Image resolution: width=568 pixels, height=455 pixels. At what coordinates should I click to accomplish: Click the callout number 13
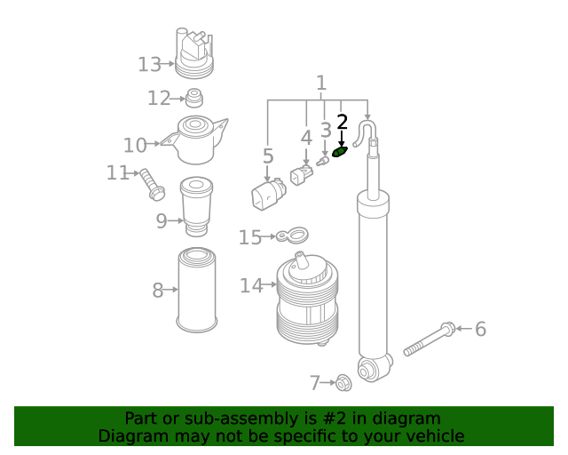pos(149,65)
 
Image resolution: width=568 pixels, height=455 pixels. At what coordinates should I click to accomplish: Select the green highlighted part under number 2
pos(340,152)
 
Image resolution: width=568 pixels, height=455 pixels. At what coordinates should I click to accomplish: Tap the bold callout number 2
pos(342,122)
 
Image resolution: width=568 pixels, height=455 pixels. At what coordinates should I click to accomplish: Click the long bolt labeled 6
pos(430,339)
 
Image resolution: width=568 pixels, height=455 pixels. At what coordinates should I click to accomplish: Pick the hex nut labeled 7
pos(343,384)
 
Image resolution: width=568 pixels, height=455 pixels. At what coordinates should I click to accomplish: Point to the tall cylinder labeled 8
pos(197,290)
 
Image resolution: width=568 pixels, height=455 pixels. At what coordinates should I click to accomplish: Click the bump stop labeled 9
pos(197,206)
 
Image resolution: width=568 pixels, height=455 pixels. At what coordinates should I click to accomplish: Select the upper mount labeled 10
pos(195,140)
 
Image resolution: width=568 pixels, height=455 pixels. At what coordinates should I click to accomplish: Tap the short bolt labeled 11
pos(153,184)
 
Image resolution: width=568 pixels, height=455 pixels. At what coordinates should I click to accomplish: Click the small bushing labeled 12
pos(194,98)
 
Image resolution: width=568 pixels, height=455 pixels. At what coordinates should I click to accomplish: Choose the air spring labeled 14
pos(308,299)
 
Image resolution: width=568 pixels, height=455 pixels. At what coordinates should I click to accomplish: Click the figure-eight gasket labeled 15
pos(292,235)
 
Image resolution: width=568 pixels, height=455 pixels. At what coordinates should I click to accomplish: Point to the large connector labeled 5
pos(268,195)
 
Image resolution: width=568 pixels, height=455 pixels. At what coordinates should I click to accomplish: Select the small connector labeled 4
pos(302,175)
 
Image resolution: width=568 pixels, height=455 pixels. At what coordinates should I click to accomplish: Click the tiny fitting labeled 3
pos(322,161)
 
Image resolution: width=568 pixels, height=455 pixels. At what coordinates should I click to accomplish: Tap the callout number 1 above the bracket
pos(321,83)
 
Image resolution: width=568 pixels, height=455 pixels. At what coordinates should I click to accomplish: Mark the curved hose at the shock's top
pos(365,132)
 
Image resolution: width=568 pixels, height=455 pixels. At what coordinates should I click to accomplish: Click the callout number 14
pos(251,286)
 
